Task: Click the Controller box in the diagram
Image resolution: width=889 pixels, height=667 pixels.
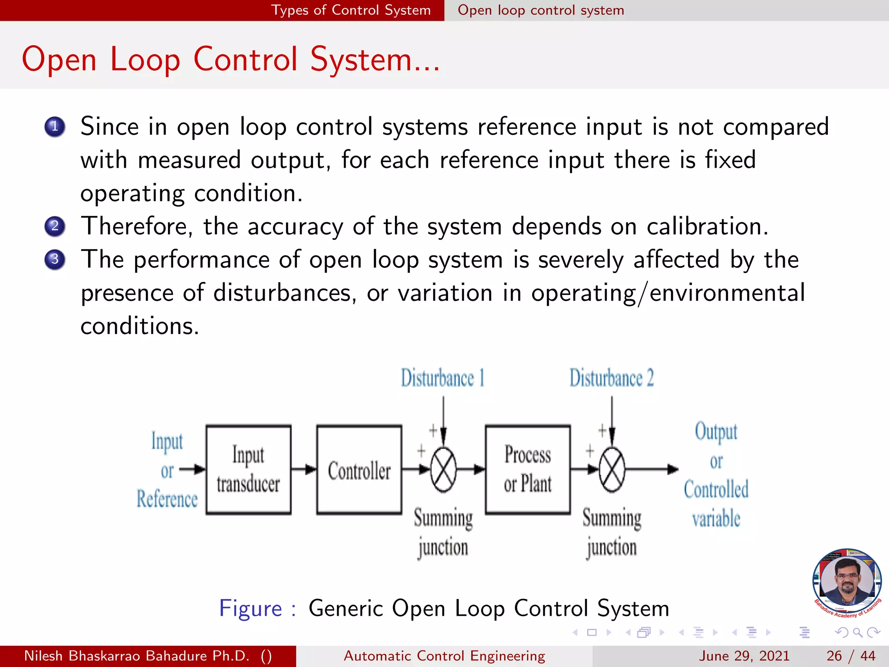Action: pos(359,470)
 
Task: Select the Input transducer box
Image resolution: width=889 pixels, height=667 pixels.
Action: pos(248,470)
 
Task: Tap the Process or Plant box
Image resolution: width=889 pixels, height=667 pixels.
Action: pos(527,470)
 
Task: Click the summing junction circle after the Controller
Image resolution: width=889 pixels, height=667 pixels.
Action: pos(443,470)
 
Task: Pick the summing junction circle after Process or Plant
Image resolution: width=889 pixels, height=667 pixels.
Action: pos(612,470)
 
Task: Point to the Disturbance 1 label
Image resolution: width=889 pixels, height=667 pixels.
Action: pos(442,378)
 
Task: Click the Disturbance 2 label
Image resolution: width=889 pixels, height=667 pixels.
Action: pos(611,378)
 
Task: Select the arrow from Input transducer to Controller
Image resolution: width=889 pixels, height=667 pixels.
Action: pos(304,469)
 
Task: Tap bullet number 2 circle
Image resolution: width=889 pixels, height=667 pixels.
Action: pos(55,226)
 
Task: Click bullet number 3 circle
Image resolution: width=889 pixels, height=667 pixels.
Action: pos(55,260)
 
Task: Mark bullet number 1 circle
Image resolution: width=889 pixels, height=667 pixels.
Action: pos(55,127)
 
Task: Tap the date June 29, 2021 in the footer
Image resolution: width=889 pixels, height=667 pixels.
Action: pos(744,656)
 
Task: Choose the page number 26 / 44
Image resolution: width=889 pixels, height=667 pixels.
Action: pos(851,656)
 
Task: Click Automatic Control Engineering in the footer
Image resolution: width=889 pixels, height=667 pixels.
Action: pos(444,656)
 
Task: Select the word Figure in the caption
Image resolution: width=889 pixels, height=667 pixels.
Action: pos(250,608)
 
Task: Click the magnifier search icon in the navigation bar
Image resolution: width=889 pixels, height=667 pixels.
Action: pos(857,632)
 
